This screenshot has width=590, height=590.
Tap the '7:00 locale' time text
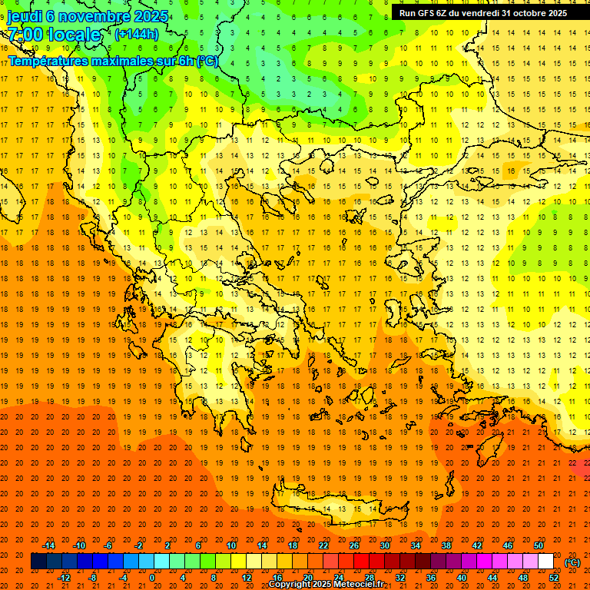coord(54,35)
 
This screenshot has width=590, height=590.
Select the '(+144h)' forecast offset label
coord(136,35)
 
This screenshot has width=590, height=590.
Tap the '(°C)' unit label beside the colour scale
coord(572,562)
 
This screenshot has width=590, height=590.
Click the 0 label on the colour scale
coord(151,578)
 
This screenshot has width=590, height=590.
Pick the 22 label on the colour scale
coord(323,545)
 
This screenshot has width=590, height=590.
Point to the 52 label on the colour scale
coord(553,578)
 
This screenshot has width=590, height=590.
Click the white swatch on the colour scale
coord(545,562)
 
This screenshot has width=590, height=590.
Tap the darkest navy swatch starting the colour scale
coord(38,562)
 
